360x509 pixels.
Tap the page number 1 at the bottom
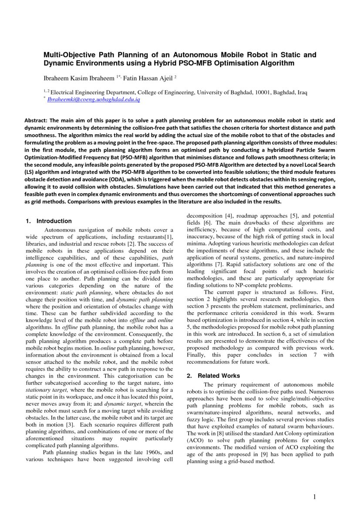[315, 497]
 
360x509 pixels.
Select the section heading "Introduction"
[54, 221]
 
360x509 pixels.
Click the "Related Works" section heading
[219, 375]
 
